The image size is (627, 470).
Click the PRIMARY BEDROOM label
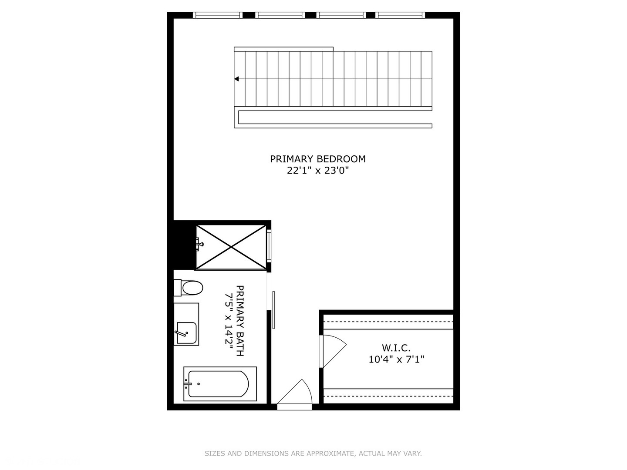[x=317, y=159]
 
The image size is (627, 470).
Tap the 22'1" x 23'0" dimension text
[x=318, y=171]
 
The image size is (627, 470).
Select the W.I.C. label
[x=396, y=348]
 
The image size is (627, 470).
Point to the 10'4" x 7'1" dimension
[x=396, y=359]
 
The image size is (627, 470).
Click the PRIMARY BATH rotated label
[x=240, y=321]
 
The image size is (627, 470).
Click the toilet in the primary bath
[x=192, y=288]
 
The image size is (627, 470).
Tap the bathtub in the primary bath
[x=218, y=384]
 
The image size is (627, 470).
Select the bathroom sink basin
[x=186, y=333]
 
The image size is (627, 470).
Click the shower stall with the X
[x=231, y=247]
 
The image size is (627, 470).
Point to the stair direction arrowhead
[x=237, y=79]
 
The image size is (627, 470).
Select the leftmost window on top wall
[x=218, y=15]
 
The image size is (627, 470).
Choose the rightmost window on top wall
[x=400, y=15]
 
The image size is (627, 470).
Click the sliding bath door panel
[x=273, y=310]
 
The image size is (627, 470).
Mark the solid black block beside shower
[x=183, y=245]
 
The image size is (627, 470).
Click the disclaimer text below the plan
[x=313, y=453]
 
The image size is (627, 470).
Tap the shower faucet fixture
[x=199, y=245]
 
